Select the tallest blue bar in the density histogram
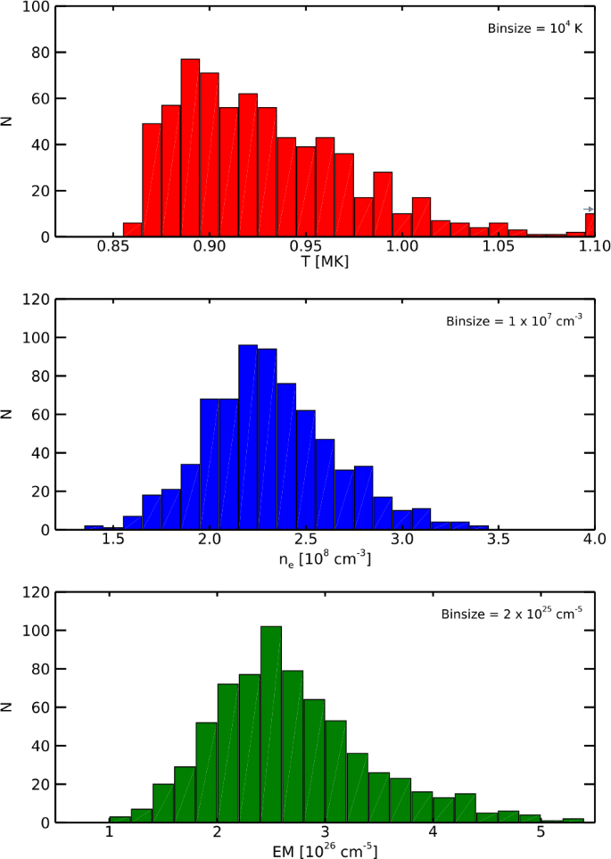pyautogui.click(x=248, y=437)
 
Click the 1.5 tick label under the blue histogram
pyautogui.click(x=112, y=540)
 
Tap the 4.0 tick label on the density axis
pyautogui.click(x=594, y=540)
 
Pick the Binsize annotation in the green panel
pyautogui.click(x=512, y=614)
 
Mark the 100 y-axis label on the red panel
pyautogui.click(x=37, y=7)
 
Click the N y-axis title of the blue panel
pyautogui.click(x=8, y=414)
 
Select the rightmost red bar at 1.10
pyautogui.click(x=589, y=225)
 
